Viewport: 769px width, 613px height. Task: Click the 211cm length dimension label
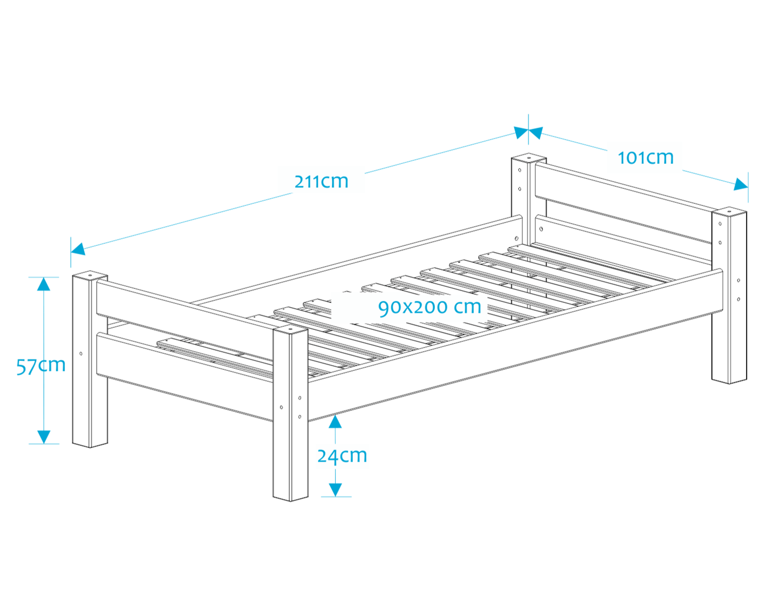(321, 181)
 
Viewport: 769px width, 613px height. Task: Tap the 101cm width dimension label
(645, 158)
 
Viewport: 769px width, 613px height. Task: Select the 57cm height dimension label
(40, 366)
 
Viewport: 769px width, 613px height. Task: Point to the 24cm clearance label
(342, 455)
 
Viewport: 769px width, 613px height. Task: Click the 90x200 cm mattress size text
(429, 307)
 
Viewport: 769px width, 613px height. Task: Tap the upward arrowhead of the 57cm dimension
(44, 284)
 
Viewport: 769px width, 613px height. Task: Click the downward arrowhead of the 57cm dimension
(44, 436)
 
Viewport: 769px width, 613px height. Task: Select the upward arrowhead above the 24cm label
(335, 422)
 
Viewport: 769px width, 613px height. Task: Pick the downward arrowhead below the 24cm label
(335, 490)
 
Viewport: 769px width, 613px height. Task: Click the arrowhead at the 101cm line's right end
(741, 185)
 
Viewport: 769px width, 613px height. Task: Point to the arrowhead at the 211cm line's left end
(78, 248)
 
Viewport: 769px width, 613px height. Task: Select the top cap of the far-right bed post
(729, 212)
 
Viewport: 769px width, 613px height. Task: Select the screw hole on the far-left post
(81, 353)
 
